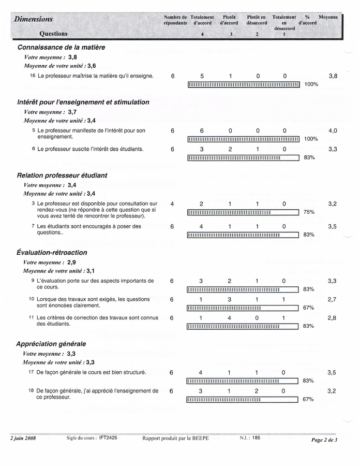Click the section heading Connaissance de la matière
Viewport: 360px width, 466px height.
point(61,47)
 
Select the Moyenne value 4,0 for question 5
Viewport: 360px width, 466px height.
point(333,131)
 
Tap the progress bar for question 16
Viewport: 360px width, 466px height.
point(243,84)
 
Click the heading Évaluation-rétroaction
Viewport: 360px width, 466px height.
point(52,253)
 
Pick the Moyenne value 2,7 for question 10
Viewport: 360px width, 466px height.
point(332,299)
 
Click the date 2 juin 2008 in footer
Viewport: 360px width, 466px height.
point(23,438)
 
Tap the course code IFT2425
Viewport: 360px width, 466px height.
point(108,438)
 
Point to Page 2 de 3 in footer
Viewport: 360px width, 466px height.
point(324,440)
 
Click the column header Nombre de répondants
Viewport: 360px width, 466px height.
point(175,20)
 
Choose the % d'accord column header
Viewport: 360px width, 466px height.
point(307,20)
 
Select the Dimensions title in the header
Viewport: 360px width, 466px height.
point(34,19)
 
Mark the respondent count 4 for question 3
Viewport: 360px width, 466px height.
point(172,204)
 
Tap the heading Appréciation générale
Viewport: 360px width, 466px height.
point(51,344)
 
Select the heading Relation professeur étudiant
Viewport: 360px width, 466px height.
point(62,176)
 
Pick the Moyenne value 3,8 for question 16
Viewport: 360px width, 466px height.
point(333,76)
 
